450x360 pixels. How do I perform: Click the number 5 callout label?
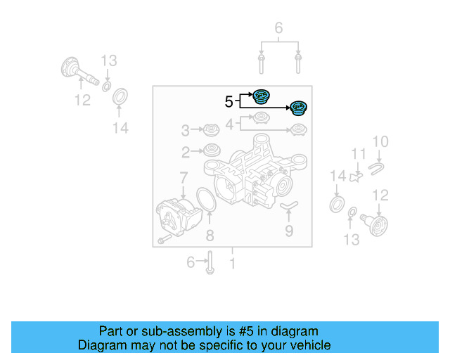pos(229,101)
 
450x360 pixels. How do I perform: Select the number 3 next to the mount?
pos(186,130)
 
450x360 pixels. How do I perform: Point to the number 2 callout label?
pos(186,152)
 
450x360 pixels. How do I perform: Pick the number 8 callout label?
pos(210,235)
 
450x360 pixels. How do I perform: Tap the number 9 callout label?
pos(289,230)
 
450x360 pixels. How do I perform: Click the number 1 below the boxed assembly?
pos(232,264)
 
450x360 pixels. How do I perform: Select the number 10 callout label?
pos(380,143)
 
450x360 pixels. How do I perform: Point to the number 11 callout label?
pos(359,154)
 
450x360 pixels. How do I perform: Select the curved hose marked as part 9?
pos(289,205)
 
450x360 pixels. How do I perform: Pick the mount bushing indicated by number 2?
pos(210,150)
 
